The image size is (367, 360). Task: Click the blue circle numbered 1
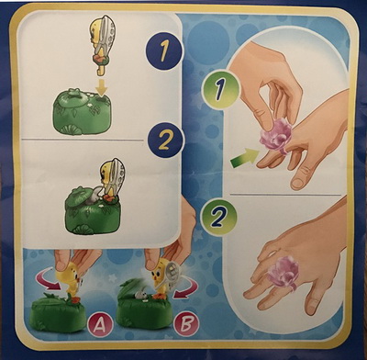164,51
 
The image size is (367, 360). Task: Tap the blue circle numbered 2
165,141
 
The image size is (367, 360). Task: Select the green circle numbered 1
220,89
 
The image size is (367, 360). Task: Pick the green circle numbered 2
218,216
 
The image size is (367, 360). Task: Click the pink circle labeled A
99,325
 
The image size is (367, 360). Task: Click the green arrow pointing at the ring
244,158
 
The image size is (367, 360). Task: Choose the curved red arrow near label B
186,289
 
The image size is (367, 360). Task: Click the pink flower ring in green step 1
276,136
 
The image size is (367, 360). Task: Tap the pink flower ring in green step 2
283,273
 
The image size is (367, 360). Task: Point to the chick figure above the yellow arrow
102,43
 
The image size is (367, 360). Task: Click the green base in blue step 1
82,111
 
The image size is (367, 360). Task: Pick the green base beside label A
58,313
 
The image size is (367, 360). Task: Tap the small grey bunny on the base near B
140,295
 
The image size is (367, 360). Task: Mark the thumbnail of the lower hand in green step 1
297,184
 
